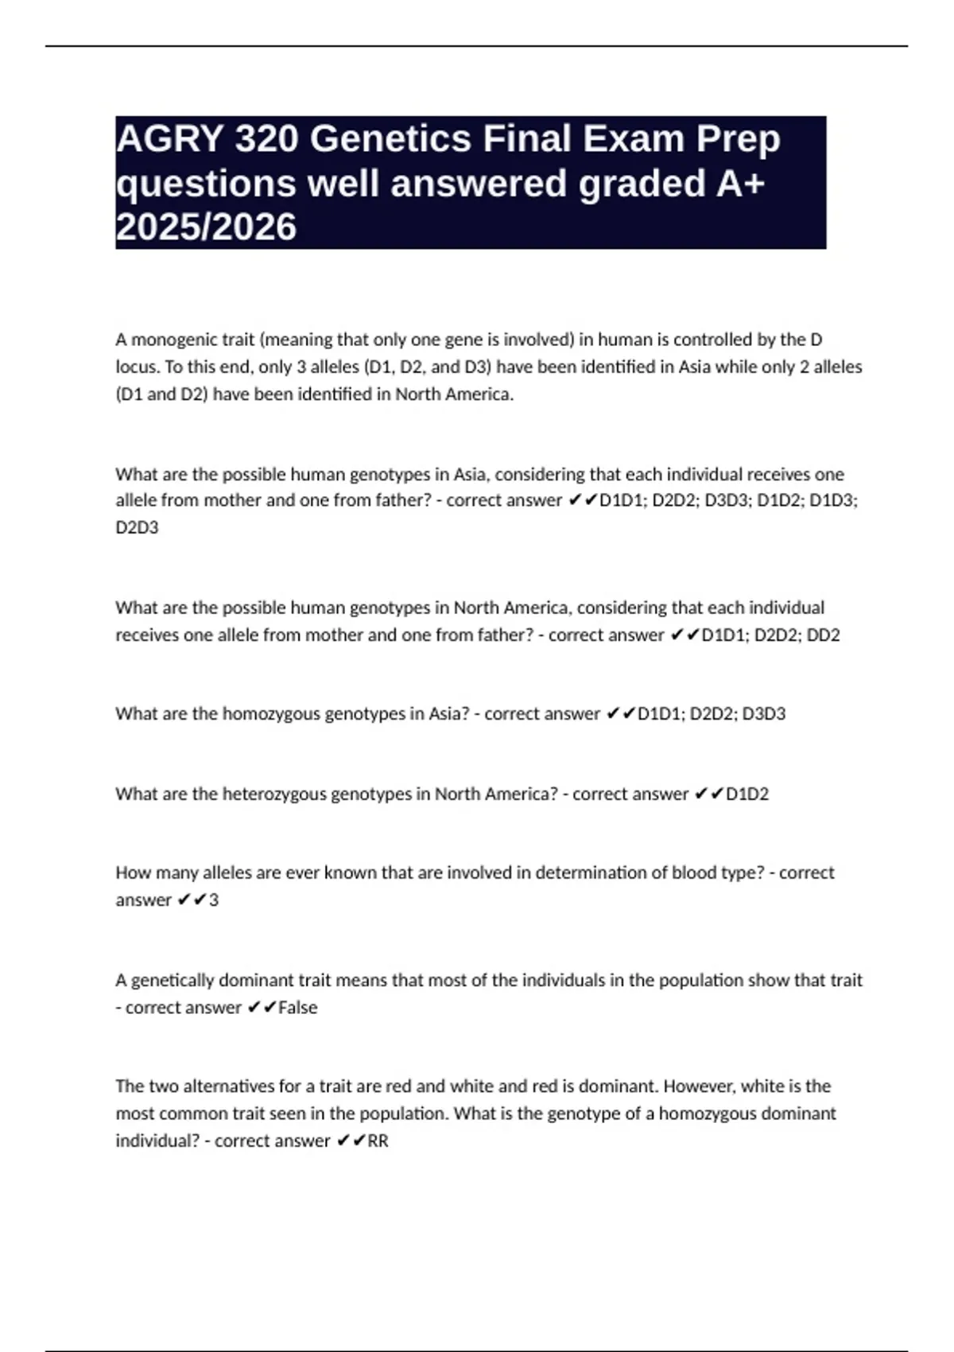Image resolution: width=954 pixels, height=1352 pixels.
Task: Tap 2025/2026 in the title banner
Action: pos(206,227)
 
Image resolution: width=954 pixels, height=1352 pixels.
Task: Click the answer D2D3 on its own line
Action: pos(137,527)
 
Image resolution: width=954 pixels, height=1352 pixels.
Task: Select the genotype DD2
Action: pos(823,635)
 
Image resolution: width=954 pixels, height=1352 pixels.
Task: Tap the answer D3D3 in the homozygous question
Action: pos(764,713)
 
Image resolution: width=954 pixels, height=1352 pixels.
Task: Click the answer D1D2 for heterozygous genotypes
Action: pos(747,794)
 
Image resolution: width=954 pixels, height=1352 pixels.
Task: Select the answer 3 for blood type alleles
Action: pos(213,899)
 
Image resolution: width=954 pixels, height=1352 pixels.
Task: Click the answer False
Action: pos(298,1007)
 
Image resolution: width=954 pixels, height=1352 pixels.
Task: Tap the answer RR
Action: pos(378,1140)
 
